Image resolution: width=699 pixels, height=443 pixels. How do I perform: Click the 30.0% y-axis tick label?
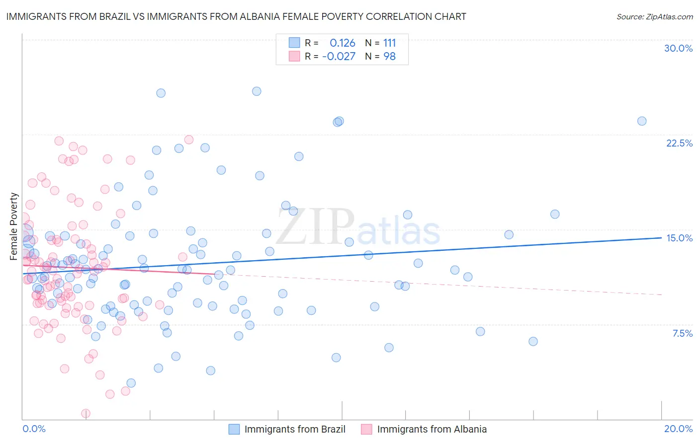(678, 48)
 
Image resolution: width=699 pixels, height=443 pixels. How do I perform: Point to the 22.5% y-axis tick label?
(679, 143)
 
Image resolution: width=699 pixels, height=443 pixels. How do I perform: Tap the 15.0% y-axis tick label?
(679, 238)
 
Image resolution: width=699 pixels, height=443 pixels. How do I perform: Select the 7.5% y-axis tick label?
(682, 333)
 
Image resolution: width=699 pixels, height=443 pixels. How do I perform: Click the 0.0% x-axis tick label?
(34, 429)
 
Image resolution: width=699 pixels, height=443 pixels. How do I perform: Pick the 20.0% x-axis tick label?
(678, 429)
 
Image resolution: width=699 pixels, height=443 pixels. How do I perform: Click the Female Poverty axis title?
(13, 226)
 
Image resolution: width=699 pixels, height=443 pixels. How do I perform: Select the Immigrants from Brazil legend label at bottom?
(295, 429)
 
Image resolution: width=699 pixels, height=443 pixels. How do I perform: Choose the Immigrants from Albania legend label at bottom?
(432, 429)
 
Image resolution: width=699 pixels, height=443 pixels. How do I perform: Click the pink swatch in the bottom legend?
(366, 429)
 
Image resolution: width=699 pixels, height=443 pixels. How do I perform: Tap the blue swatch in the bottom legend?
(234, 429)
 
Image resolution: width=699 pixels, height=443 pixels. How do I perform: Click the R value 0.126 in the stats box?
(343, 43)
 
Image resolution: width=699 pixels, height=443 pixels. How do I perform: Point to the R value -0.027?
(339, 56)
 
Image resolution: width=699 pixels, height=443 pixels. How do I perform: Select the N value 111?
(389, 43)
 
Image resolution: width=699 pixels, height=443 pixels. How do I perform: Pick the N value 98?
(389, 56)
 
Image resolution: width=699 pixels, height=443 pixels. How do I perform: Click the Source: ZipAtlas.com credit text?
(654, 16)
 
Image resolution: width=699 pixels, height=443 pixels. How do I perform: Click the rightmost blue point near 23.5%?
(642, 121)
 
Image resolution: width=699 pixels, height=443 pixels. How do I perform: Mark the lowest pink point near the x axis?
(86, 413)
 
